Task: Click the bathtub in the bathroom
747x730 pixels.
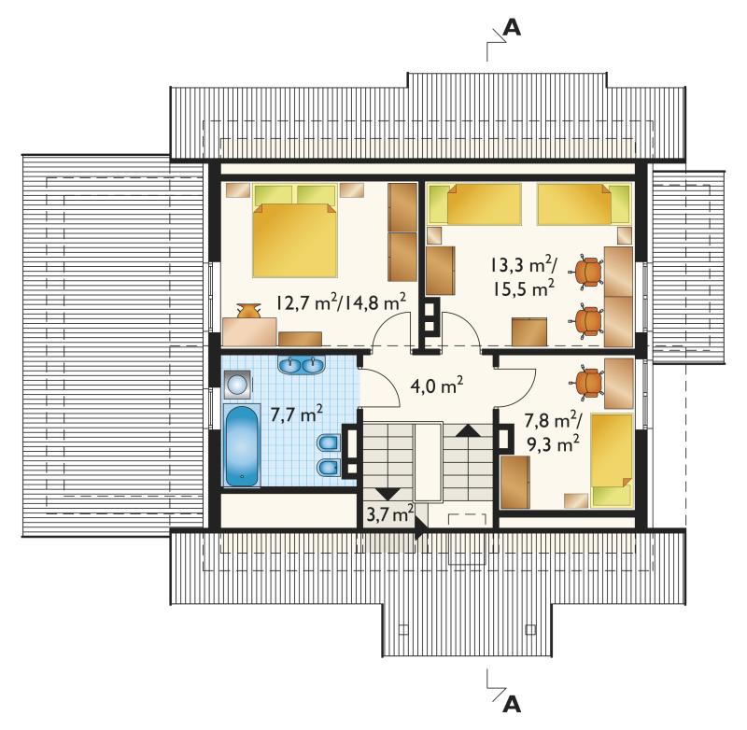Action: coord(242,445)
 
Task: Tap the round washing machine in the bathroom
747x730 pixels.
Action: coord(236,384)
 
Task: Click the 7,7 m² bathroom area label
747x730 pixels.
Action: coord(297,414)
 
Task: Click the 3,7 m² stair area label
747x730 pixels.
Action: coord(389,513)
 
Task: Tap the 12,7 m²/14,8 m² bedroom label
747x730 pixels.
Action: coord(341,302)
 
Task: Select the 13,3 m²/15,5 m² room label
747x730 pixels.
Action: coord(523,276)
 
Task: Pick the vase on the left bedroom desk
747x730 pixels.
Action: coord(248,311)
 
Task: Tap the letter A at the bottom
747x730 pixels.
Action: coord(512,704)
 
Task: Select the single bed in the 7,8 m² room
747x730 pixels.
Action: coord(612,460)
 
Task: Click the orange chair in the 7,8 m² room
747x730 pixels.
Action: coord(587,382)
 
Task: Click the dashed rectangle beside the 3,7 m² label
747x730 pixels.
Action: coord(466,519)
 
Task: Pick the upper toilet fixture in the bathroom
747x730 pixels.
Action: coord(328,442)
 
